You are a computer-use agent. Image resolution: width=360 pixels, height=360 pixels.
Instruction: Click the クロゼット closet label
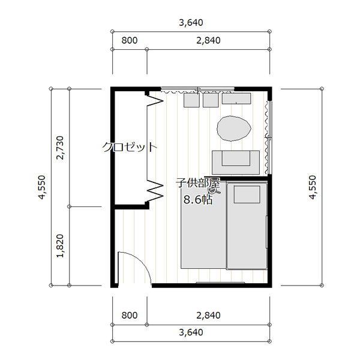[130, 147]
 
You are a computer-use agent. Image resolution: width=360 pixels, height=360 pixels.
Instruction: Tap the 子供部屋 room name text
[198, 183]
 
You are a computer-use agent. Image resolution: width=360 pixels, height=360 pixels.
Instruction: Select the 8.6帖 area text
[198, 200]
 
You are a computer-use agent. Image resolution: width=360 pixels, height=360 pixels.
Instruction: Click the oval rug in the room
[234, 128]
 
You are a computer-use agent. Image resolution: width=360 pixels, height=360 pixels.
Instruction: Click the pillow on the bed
[247, 194]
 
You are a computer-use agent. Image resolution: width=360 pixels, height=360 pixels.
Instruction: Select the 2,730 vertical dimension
[60, 148]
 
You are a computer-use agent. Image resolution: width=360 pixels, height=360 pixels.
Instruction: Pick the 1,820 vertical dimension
[60, 246]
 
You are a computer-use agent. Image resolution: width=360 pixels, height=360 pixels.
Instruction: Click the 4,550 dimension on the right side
[313, 187]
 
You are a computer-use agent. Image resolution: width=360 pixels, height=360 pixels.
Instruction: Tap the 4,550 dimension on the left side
[42, 187]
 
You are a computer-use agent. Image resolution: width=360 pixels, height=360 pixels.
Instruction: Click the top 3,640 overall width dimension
[191, 23]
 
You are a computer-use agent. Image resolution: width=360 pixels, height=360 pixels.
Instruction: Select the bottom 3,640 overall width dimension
[191, 332]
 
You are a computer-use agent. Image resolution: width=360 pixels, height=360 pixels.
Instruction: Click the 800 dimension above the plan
[130, 40]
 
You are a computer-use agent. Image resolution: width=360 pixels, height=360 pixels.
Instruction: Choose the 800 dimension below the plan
[130, 315]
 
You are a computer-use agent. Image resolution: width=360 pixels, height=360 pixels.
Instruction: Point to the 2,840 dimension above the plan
[208, 40]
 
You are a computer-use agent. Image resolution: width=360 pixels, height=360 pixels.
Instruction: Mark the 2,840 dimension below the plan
[208, 315]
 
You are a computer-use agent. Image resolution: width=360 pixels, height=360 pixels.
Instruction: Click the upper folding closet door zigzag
[155, 100]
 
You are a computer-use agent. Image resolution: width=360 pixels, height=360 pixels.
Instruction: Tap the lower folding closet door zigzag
[155, 190]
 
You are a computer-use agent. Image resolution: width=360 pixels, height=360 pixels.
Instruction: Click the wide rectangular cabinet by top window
[236, 98]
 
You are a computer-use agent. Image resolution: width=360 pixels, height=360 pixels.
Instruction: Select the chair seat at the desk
[236, 158]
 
